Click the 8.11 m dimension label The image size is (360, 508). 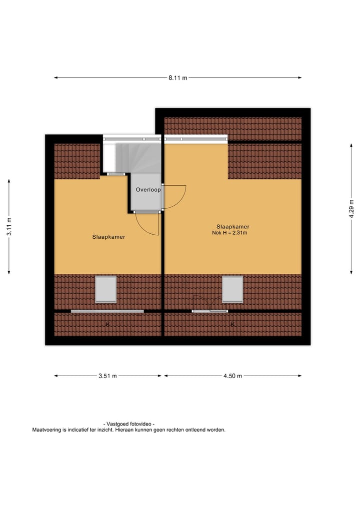pos(177,77)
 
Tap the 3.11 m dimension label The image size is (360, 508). pos(9,227)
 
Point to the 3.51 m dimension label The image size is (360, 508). pos(107,376)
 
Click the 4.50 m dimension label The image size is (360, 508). pos(233,376)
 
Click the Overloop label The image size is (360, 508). pos(148,190)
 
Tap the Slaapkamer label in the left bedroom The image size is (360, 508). pos(108,237)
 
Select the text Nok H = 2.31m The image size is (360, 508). pos(230,233)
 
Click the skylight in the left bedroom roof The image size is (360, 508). pos(105,289)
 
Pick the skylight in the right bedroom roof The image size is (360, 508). pos(232,289)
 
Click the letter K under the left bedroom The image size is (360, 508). pos(107,325)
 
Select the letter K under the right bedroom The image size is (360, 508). pos(232,325)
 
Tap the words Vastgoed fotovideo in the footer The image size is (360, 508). pos(129,424)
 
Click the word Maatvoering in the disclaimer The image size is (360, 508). pos(46,430)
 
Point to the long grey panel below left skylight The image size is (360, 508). pos(107,311)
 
